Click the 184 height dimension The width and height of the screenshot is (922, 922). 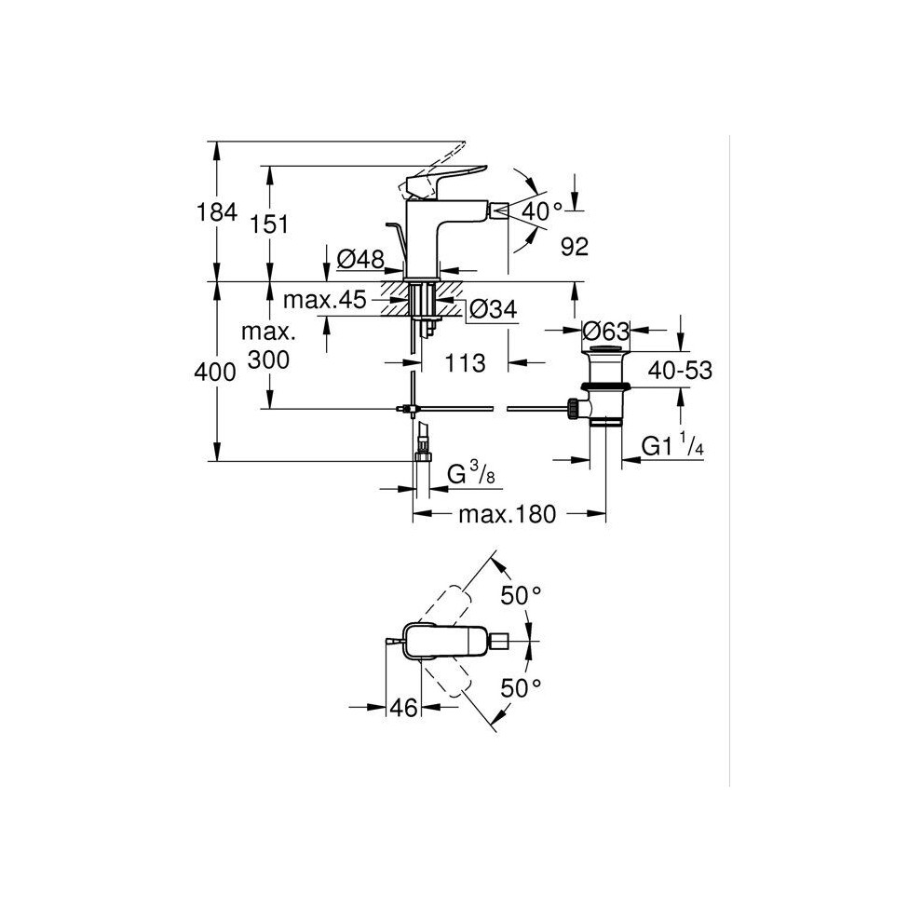[217, 211]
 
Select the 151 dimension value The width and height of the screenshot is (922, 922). [269, 224]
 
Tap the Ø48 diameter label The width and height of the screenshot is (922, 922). [360, 259]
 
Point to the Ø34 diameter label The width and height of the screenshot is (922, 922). [494, 308]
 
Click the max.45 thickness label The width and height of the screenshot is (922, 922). [325, 300]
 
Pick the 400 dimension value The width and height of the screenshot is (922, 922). [215, 373]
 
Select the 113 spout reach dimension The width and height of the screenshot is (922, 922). [465, 363]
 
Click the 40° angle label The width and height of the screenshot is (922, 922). [541, 210]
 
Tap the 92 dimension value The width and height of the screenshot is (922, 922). [575, 247]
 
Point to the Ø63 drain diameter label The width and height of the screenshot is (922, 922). [605, 331]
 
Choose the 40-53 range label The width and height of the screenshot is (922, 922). [681, 371]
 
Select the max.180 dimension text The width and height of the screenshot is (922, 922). [507, 514]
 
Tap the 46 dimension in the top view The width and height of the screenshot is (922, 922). [403, 708]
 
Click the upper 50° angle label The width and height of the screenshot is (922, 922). [521, 596]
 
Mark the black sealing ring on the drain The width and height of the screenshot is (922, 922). [605, 386]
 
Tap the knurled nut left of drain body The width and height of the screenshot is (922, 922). [572, 408]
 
